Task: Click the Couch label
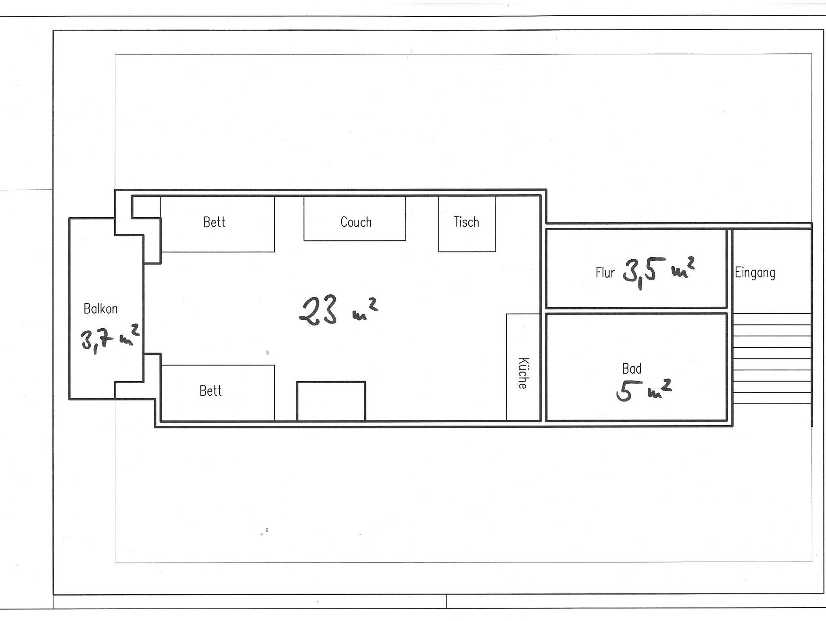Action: tap(356, 222)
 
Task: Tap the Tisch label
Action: tap(466, 222)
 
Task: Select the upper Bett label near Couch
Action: tap(214, 222)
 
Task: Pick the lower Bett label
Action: tap(211, 391)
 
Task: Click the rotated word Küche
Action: tap(523, 373)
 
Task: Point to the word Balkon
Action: tap(100, 309)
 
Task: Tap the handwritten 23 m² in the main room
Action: tap(338, 310)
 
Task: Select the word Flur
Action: tap(605, 273)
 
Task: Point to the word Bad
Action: tap(632, 369)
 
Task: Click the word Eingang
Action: tap(755, 273)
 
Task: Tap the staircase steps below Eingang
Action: tap(772, 359)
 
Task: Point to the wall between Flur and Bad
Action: tap(636, 310)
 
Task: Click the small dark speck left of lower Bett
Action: tap(267, 353)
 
